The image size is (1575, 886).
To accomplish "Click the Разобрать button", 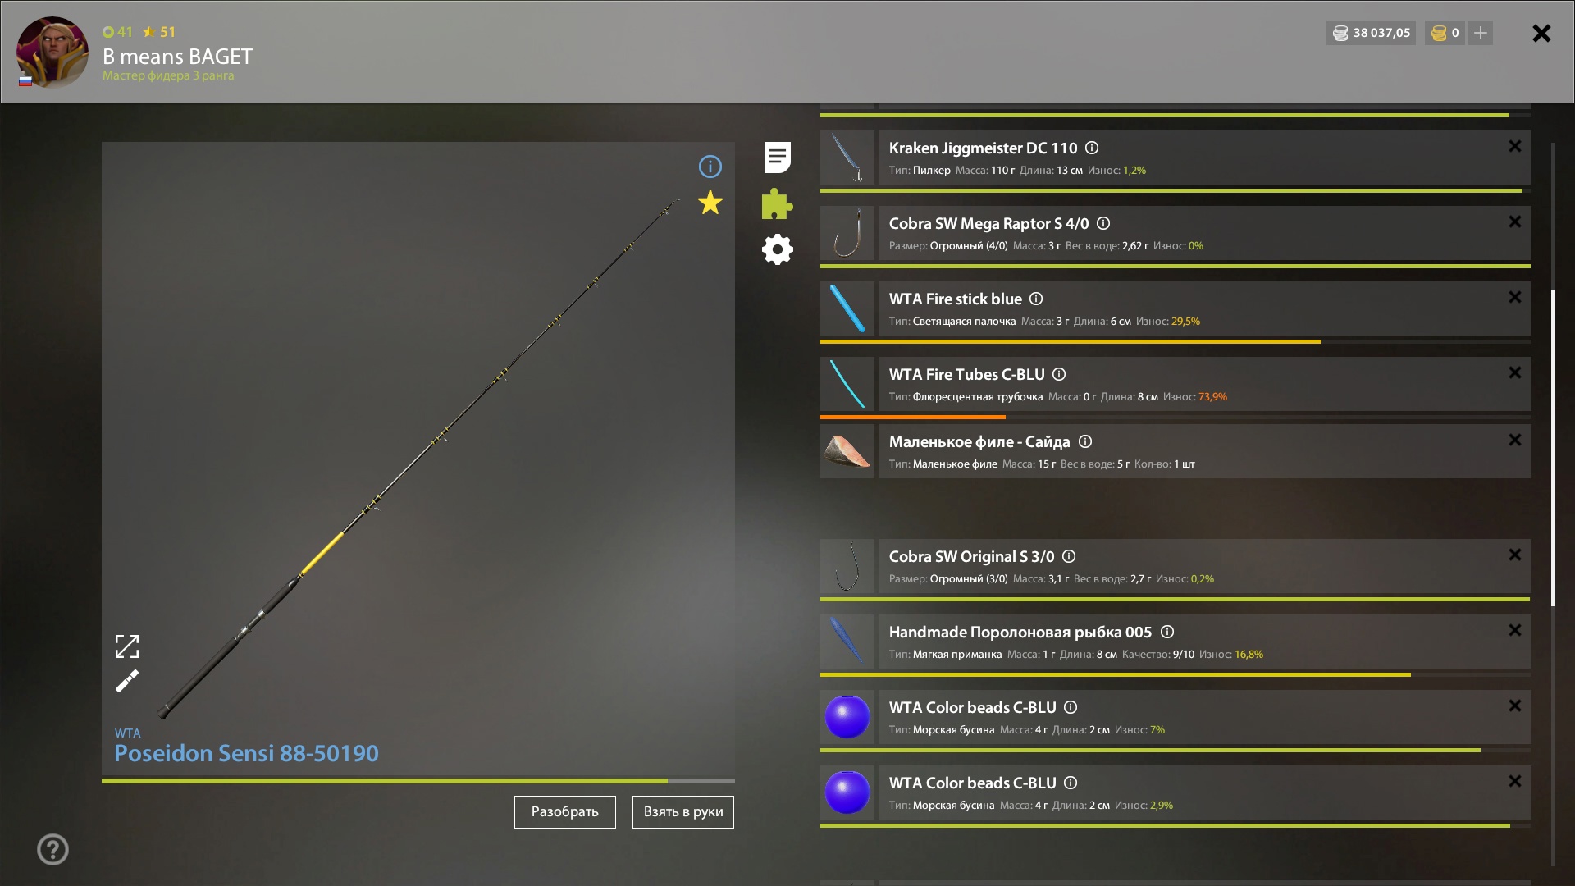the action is [564, 812].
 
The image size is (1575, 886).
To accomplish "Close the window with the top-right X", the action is [1541, 33].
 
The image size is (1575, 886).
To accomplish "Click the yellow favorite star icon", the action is [710, 203].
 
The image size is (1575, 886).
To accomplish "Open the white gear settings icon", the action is [777, 249].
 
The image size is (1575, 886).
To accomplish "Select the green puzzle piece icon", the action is [777, 203].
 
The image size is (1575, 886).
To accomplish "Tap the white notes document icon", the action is [777, 158].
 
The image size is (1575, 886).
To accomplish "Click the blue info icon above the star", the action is [710, 167].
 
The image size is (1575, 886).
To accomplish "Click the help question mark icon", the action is [52, 850].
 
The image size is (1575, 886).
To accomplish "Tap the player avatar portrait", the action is [52, 52].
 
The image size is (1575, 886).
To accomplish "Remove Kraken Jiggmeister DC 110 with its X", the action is [1515, 146].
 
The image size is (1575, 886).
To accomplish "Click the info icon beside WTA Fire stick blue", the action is [1036, 299].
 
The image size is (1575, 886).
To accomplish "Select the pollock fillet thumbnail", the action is [847, 451].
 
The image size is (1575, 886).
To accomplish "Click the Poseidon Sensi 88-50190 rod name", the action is [247, 753].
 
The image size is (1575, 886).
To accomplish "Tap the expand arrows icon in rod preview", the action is [127, 646].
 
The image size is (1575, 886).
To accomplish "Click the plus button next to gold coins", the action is [1481, 33].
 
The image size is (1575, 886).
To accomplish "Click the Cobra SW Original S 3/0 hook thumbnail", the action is [847, 566].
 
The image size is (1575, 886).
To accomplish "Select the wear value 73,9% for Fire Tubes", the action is [1212, 397].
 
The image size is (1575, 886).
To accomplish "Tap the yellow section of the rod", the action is [322, 553].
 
